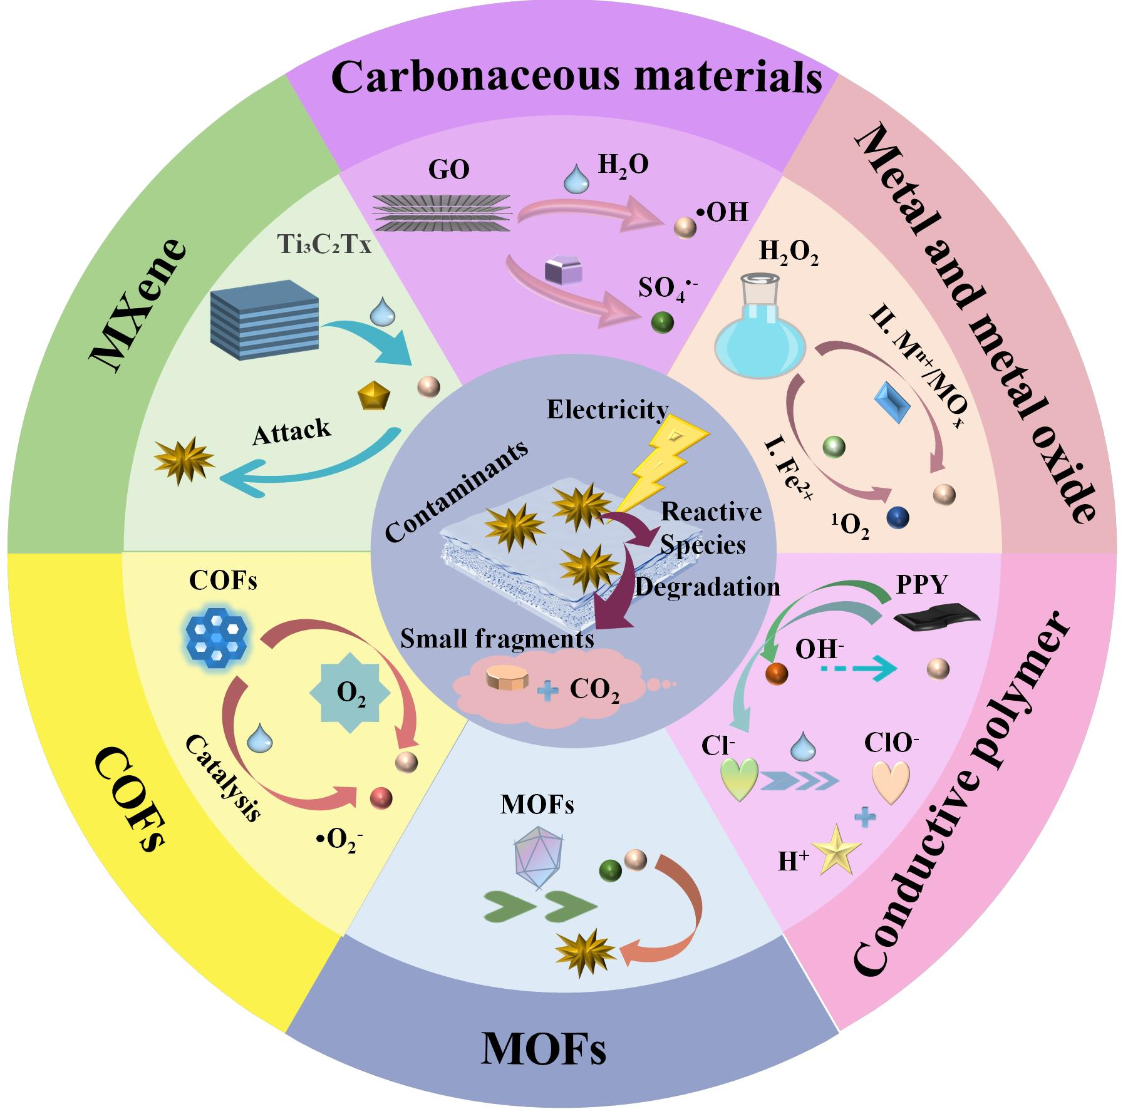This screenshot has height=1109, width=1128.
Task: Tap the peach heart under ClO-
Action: point(891,782)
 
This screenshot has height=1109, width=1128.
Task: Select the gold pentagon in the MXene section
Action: point(374,396)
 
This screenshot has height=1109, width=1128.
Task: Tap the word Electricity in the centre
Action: point(608,410)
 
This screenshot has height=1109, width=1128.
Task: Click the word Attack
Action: point(291,432)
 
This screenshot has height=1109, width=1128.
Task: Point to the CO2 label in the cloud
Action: point(594,690)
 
